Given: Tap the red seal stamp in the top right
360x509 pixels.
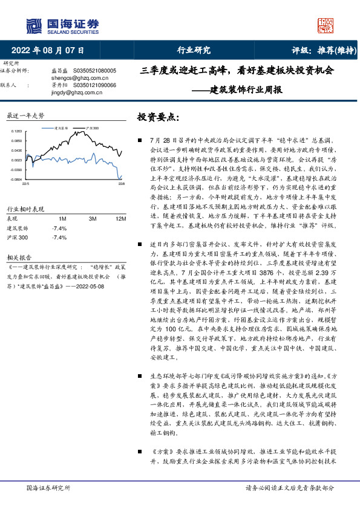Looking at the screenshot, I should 326,25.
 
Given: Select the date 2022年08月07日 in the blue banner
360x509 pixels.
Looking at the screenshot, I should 48,51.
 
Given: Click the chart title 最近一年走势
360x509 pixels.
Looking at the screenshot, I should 25,115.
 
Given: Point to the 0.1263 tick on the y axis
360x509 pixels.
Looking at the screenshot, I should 16,131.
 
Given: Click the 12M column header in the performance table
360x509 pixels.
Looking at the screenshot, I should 120,218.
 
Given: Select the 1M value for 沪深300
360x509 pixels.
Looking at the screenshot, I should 59,238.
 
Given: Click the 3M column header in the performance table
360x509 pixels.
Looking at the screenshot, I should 93,218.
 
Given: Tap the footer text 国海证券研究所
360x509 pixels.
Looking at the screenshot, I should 49,487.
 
